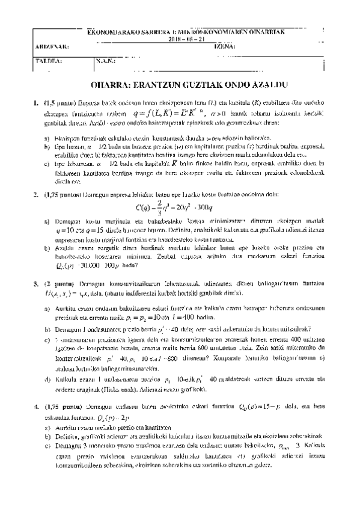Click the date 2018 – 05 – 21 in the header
180,38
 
